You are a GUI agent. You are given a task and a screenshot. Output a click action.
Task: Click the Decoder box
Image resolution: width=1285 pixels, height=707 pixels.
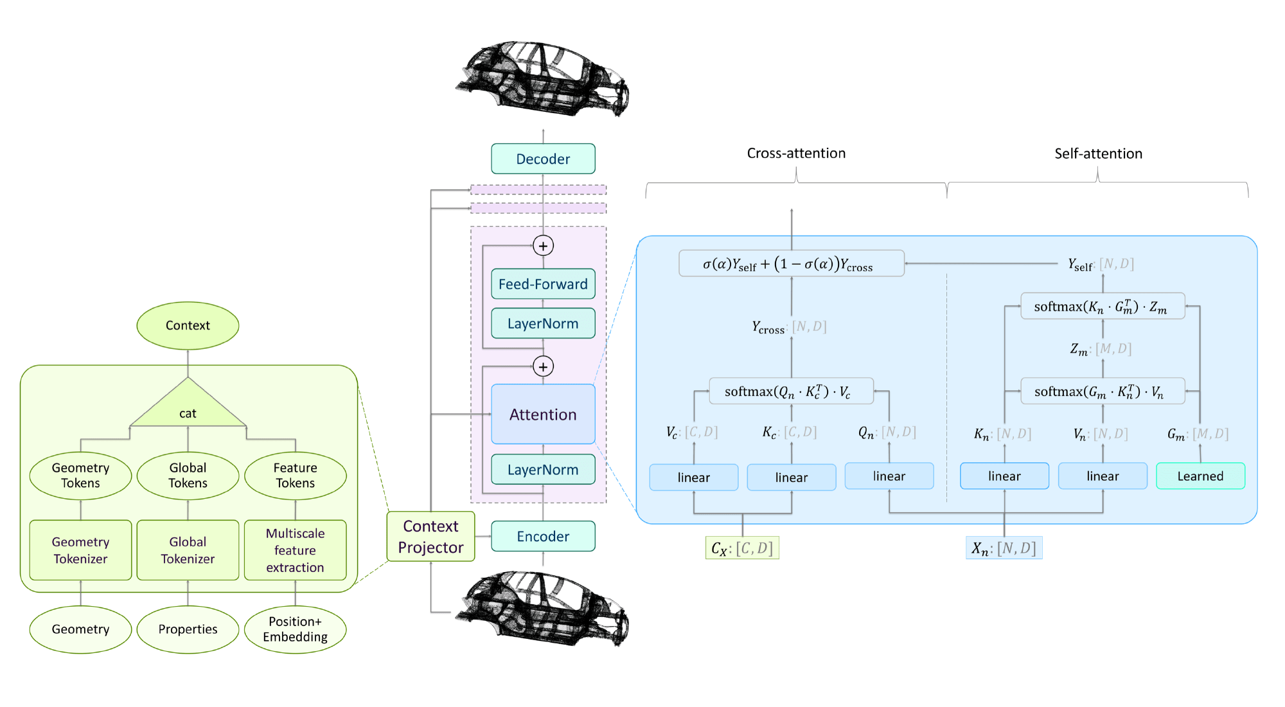pyautogui.click(x=543, y=159)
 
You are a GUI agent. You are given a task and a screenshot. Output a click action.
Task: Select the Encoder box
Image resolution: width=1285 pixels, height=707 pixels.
pyautogui.click(x=543, y=536)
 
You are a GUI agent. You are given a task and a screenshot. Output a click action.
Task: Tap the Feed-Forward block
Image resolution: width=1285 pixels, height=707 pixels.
pyautogui.click(x=543, y=283)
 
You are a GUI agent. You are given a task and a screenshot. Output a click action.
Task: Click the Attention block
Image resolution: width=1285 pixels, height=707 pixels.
pyautogui.click(x=543, y=414)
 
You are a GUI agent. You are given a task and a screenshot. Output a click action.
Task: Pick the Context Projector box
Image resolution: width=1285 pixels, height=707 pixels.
pyautogui.click(x=430, y=537)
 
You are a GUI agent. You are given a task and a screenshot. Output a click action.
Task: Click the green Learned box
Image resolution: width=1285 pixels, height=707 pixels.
pyautogui.click(x=1200, y=476)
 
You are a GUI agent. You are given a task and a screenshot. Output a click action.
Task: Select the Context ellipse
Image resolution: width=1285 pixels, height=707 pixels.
pyautogui.click(x=188, y=326)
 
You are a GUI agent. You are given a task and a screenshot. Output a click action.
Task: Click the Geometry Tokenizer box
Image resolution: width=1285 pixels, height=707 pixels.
pyautogui.click(x=80, y=550)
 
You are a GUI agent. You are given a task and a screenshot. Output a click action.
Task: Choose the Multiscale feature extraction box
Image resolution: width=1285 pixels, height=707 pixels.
pyautogui.click(x=295, y=550)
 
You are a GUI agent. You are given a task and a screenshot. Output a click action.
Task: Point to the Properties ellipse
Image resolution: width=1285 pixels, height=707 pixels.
pyautogui.click(x=188, y=629)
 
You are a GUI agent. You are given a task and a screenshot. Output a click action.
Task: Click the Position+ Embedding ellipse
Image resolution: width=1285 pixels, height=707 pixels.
pyautogui.click(x=295, y=629)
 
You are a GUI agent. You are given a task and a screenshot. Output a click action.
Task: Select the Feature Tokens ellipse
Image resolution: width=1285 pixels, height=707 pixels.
pyautogui.click(x=295, y=476)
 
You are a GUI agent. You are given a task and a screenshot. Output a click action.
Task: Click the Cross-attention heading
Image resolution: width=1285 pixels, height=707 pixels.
pyautogui.click(x=796, y=153)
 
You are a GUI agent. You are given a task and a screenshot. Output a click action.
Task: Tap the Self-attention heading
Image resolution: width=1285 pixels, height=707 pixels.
pyautogui.click(x=1098, y=154)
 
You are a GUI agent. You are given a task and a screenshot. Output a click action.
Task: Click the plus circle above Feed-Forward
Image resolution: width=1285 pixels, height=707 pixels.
pyautogui.click(x=543, y=246)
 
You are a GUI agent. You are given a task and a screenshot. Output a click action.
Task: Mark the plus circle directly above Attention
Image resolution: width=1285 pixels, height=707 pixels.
pyautogui.click(x=543, y=366)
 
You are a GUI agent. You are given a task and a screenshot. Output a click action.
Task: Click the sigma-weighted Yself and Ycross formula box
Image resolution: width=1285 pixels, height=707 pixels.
pyautogui.click(x=792, y=264)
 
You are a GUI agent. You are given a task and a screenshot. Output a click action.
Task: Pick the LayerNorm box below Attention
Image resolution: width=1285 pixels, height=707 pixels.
pyautogui.click(x=543, y=469)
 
